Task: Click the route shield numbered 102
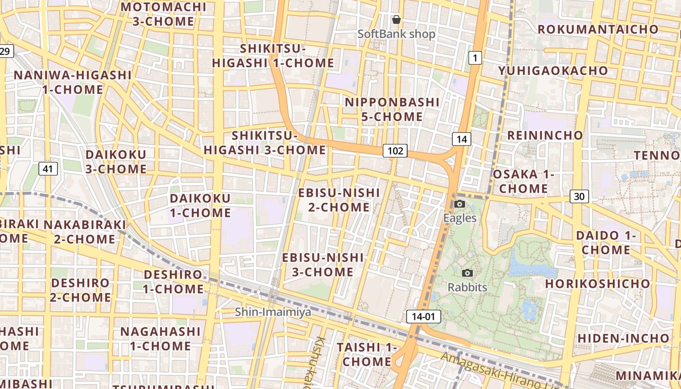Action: (x=394, y=151)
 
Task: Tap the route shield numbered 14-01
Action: (x=423, y=317)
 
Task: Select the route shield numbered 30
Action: (x=579, y=196)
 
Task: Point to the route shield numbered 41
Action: (x=48, y=169)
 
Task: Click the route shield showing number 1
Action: (x=475, y=58)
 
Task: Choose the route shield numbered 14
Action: (x=462, y=140)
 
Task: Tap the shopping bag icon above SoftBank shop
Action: (x=396, y=20)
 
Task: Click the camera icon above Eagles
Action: (x=460, y=204)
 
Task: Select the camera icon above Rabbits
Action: (x=467, y=273)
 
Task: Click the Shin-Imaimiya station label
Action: (x=273, y=312)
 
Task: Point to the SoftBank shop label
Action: (x=396, y=34)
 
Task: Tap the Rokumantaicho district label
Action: (x=598, y=29)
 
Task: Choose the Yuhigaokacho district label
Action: (x=553, y=71)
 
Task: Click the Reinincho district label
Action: (x=545, y=135)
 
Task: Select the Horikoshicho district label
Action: (x=597, y=283)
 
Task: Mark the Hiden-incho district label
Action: (x=624, y=338)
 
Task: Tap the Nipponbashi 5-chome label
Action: (x=392, y=109)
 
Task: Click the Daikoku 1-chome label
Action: (x=200, y=206)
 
